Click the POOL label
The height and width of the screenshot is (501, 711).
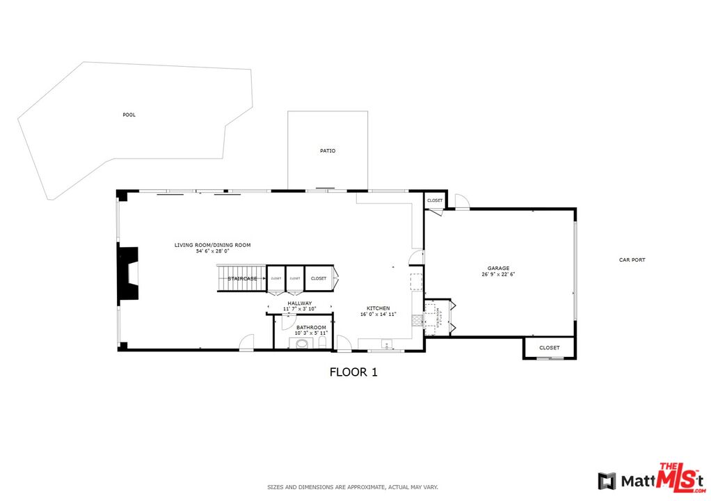[x=129, y=115]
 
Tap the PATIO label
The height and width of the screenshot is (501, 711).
[x=328, y=150]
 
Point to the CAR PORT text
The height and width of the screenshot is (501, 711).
[x=632, y=260]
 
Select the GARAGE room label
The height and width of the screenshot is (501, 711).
[x=498, y=268]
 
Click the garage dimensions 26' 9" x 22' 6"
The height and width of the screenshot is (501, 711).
[x=498, y=274]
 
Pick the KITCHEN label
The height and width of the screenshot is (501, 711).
[x=378, y=308]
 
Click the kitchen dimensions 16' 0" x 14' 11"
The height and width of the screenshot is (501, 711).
[x=378, y=315]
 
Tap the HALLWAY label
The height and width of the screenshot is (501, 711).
[x=299, y=303]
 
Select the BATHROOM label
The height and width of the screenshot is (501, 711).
[x=311, y=327]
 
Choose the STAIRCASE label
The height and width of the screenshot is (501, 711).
[x=243, y=279]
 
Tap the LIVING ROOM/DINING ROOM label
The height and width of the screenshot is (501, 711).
[x=212, y=245]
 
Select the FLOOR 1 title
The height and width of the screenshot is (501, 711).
[x=353, y=372]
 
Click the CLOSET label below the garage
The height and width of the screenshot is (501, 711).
[x=549, y=348]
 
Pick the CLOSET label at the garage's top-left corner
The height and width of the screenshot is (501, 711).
[x=435, y=200]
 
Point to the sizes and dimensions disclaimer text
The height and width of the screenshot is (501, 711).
[x=353, y=487]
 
